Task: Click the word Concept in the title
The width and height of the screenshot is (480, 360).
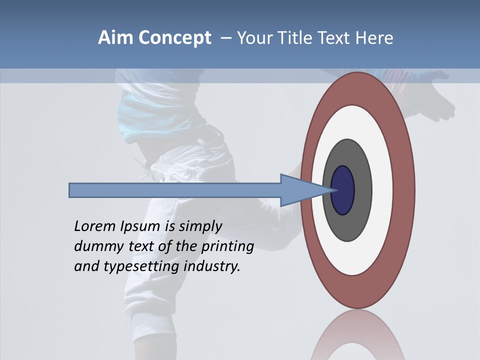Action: click(x=175, y=37)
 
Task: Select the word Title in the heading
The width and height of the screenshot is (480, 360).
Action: click(x=295, y=37)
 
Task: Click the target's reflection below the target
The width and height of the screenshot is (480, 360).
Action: click(x=357, y=335)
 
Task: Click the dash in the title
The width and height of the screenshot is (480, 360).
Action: click(x=226, y=38)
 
